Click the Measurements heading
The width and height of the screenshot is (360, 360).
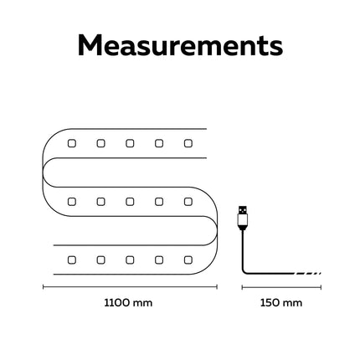tap(180, 45)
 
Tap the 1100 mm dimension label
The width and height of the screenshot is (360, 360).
tap(128, 303)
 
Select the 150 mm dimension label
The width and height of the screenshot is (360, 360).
tap(281, 303)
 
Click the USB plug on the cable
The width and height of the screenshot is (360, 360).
tap(243, 218)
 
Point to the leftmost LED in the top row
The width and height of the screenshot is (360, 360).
tap(72, 143)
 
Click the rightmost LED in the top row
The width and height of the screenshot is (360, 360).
tap(188, 143)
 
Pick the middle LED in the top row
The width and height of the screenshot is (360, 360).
tap(130, 143)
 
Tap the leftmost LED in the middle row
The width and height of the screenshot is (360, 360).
tap(72, 202)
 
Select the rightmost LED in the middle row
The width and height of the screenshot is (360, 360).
tap(188, 202)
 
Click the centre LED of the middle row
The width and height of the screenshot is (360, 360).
tap(130, 202)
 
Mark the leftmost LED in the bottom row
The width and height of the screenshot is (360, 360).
tap(72, 260)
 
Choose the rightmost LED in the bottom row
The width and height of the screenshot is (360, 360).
tap(188, 260)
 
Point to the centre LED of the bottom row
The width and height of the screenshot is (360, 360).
tap(130, 260)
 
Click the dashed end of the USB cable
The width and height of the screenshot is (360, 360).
tap(308, 274)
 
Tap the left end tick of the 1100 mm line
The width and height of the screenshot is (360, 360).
tap(44, 287)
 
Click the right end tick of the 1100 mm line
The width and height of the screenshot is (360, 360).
tap(217, 287)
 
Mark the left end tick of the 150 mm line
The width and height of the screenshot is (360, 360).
tap(242, 287)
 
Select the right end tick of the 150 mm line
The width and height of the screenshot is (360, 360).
tap(321, 287)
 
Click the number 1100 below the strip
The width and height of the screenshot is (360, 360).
tap(116, 303)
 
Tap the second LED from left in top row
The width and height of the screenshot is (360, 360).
tap(100, 143)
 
